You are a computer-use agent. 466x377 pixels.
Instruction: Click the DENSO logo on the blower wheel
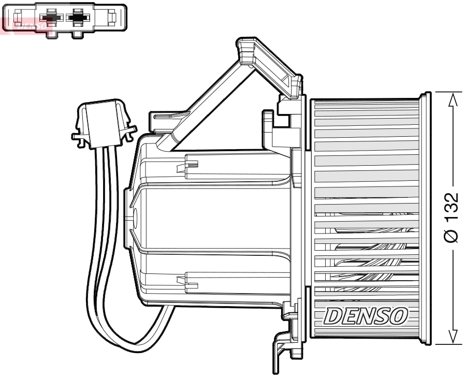click(x=365, y=315)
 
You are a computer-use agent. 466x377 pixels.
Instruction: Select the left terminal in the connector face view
click(x=50, y=18)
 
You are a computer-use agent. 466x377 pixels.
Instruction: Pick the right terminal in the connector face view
click(x=78, y=18)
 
